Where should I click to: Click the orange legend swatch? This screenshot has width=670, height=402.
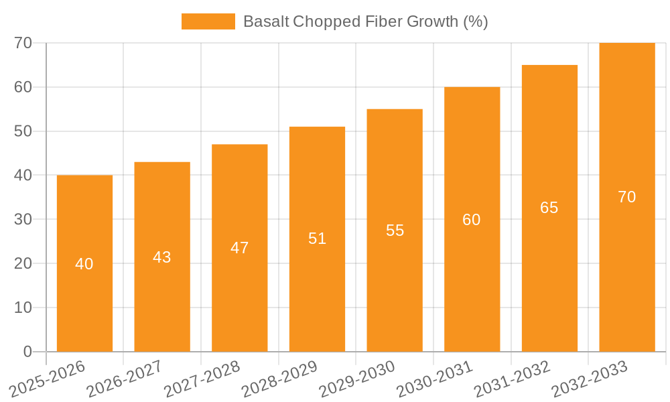point(208,21)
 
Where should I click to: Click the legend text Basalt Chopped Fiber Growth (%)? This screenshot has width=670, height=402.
point(365,21)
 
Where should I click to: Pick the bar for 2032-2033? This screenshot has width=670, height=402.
point(626,268)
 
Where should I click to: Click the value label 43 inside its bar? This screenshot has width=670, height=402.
point(162,257)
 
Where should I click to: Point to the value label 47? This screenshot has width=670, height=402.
point(239,248)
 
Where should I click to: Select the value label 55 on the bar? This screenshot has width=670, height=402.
point(395,230)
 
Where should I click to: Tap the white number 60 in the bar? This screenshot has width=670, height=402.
point(472,220)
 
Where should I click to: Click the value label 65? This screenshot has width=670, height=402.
point(549,208)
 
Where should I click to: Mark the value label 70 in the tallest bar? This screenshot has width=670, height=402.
point(626,197)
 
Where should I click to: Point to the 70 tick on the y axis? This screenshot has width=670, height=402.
point(23,43)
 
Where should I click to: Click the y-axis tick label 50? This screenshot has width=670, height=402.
point(23,131)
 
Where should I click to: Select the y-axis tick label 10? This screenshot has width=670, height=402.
point(23,308)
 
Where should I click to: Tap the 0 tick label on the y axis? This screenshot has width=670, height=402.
point(27,352)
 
